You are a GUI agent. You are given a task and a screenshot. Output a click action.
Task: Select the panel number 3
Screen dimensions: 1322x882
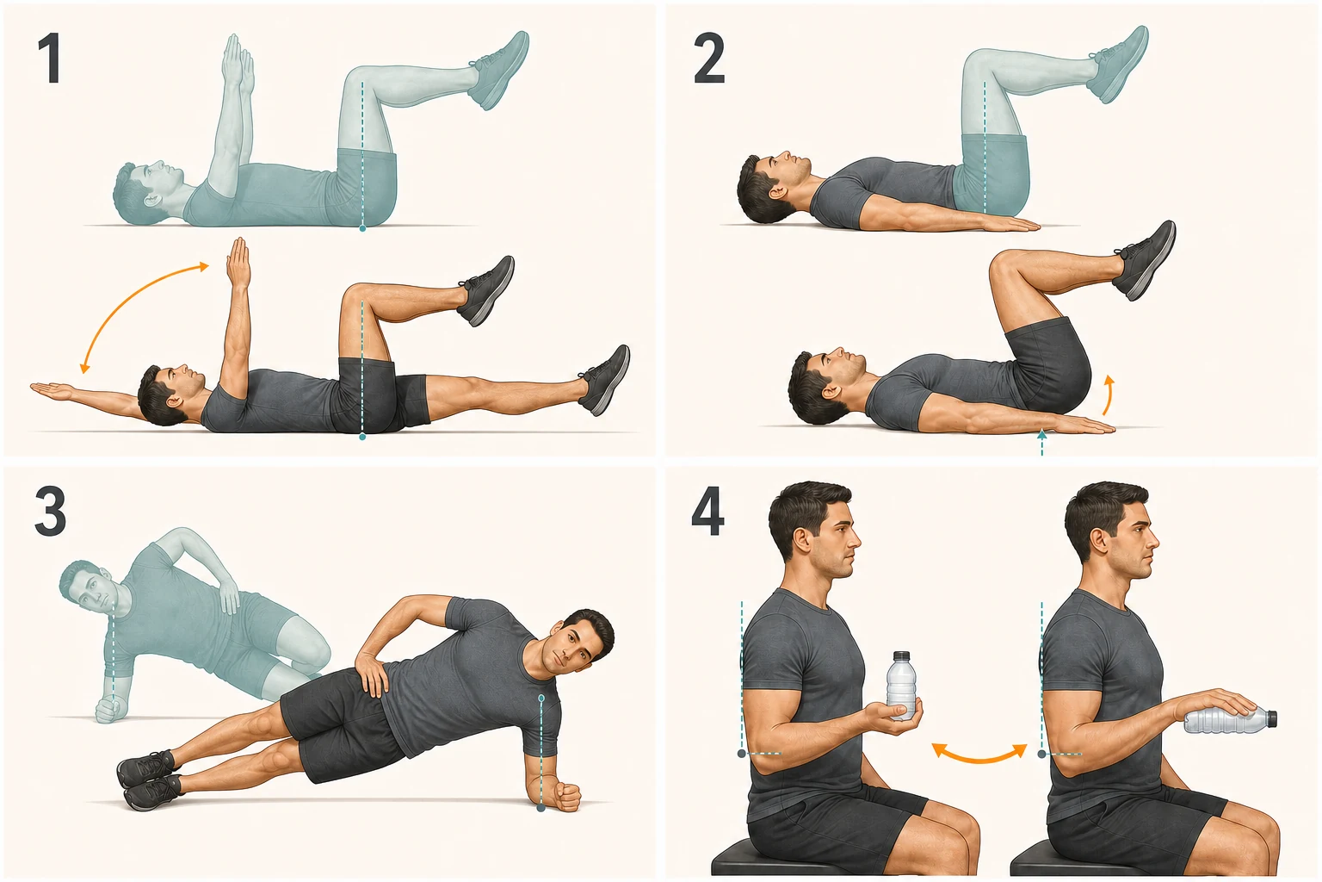(50, 512)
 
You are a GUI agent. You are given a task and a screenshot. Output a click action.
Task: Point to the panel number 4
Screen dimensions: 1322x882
(707, 511)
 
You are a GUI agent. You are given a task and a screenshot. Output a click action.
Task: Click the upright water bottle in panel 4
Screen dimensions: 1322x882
(901, 686)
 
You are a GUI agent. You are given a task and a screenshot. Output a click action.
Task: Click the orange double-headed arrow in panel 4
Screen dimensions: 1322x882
(979, 754)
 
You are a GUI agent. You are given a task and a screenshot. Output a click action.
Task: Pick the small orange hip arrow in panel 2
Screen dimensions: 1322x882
(1109, 394)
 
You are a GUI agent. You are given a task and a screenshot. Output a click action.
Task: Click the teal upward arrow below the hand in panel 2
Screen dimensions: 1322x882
(1041, 443)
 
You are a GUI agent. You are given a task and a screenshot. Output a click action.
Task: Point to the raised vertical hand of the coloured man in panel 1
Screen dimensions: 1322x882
(238, 260)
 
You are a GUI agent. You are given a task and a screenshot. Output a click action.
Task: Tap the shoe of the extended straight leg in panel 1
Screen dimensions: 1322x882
(606, 380)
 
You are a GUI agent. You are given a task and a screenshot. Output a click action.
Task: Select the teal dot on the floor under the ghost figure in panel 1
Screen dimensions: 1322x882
(362, 227)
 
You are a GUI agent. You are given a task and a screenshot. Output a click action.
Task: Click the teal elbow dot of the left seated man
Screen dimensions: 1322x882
(741, 754)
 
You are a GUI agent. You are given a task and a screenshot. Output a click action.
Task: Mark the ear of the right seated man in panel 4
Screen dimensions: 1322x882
(1098, 542)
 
